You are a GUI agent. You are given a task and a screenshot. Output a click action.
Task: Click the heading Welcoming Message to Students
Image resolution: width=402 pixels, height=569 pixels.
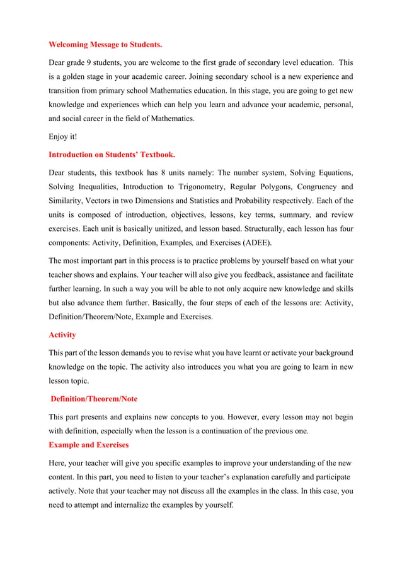click(105, 45)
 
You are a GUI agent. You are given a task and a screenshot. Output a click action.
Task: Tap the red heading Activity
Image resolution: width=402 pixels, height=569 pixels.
click(62, 334)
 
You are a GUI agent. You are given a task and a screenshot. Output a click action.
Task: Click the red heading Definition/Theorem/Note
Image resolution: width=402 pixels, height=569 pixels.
click(94, 399)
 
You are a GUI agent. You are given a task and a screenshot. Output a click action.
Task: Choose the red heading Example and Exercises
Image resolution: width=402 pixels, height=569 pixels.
click(89, 445)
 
